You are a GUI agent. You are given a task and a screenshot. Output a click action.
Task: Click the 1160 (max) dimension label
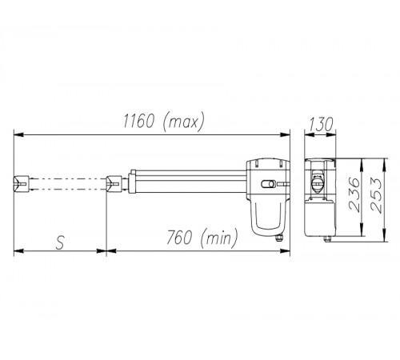163,122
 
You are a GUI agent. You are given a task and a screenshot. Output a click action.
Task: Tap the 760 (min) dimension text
202,238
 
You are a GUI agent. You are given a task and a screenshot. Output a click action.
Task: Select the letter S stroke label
61,242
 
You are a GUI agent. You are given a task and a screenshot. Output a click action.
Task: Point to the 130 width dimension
321,124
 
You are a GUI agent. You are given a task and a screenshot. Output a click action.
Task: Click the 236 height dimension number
354,195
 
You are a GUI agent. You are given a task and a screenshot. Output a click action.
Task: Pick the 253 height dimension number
376,195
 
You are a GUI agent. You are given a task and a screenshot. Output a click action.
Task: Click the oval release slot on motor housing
268,184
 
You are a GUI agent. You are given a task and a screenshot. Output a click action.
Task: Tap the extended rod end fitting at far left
22,183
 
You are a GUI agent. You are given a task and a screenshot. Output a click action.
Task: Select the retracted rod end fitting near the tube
114,183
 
